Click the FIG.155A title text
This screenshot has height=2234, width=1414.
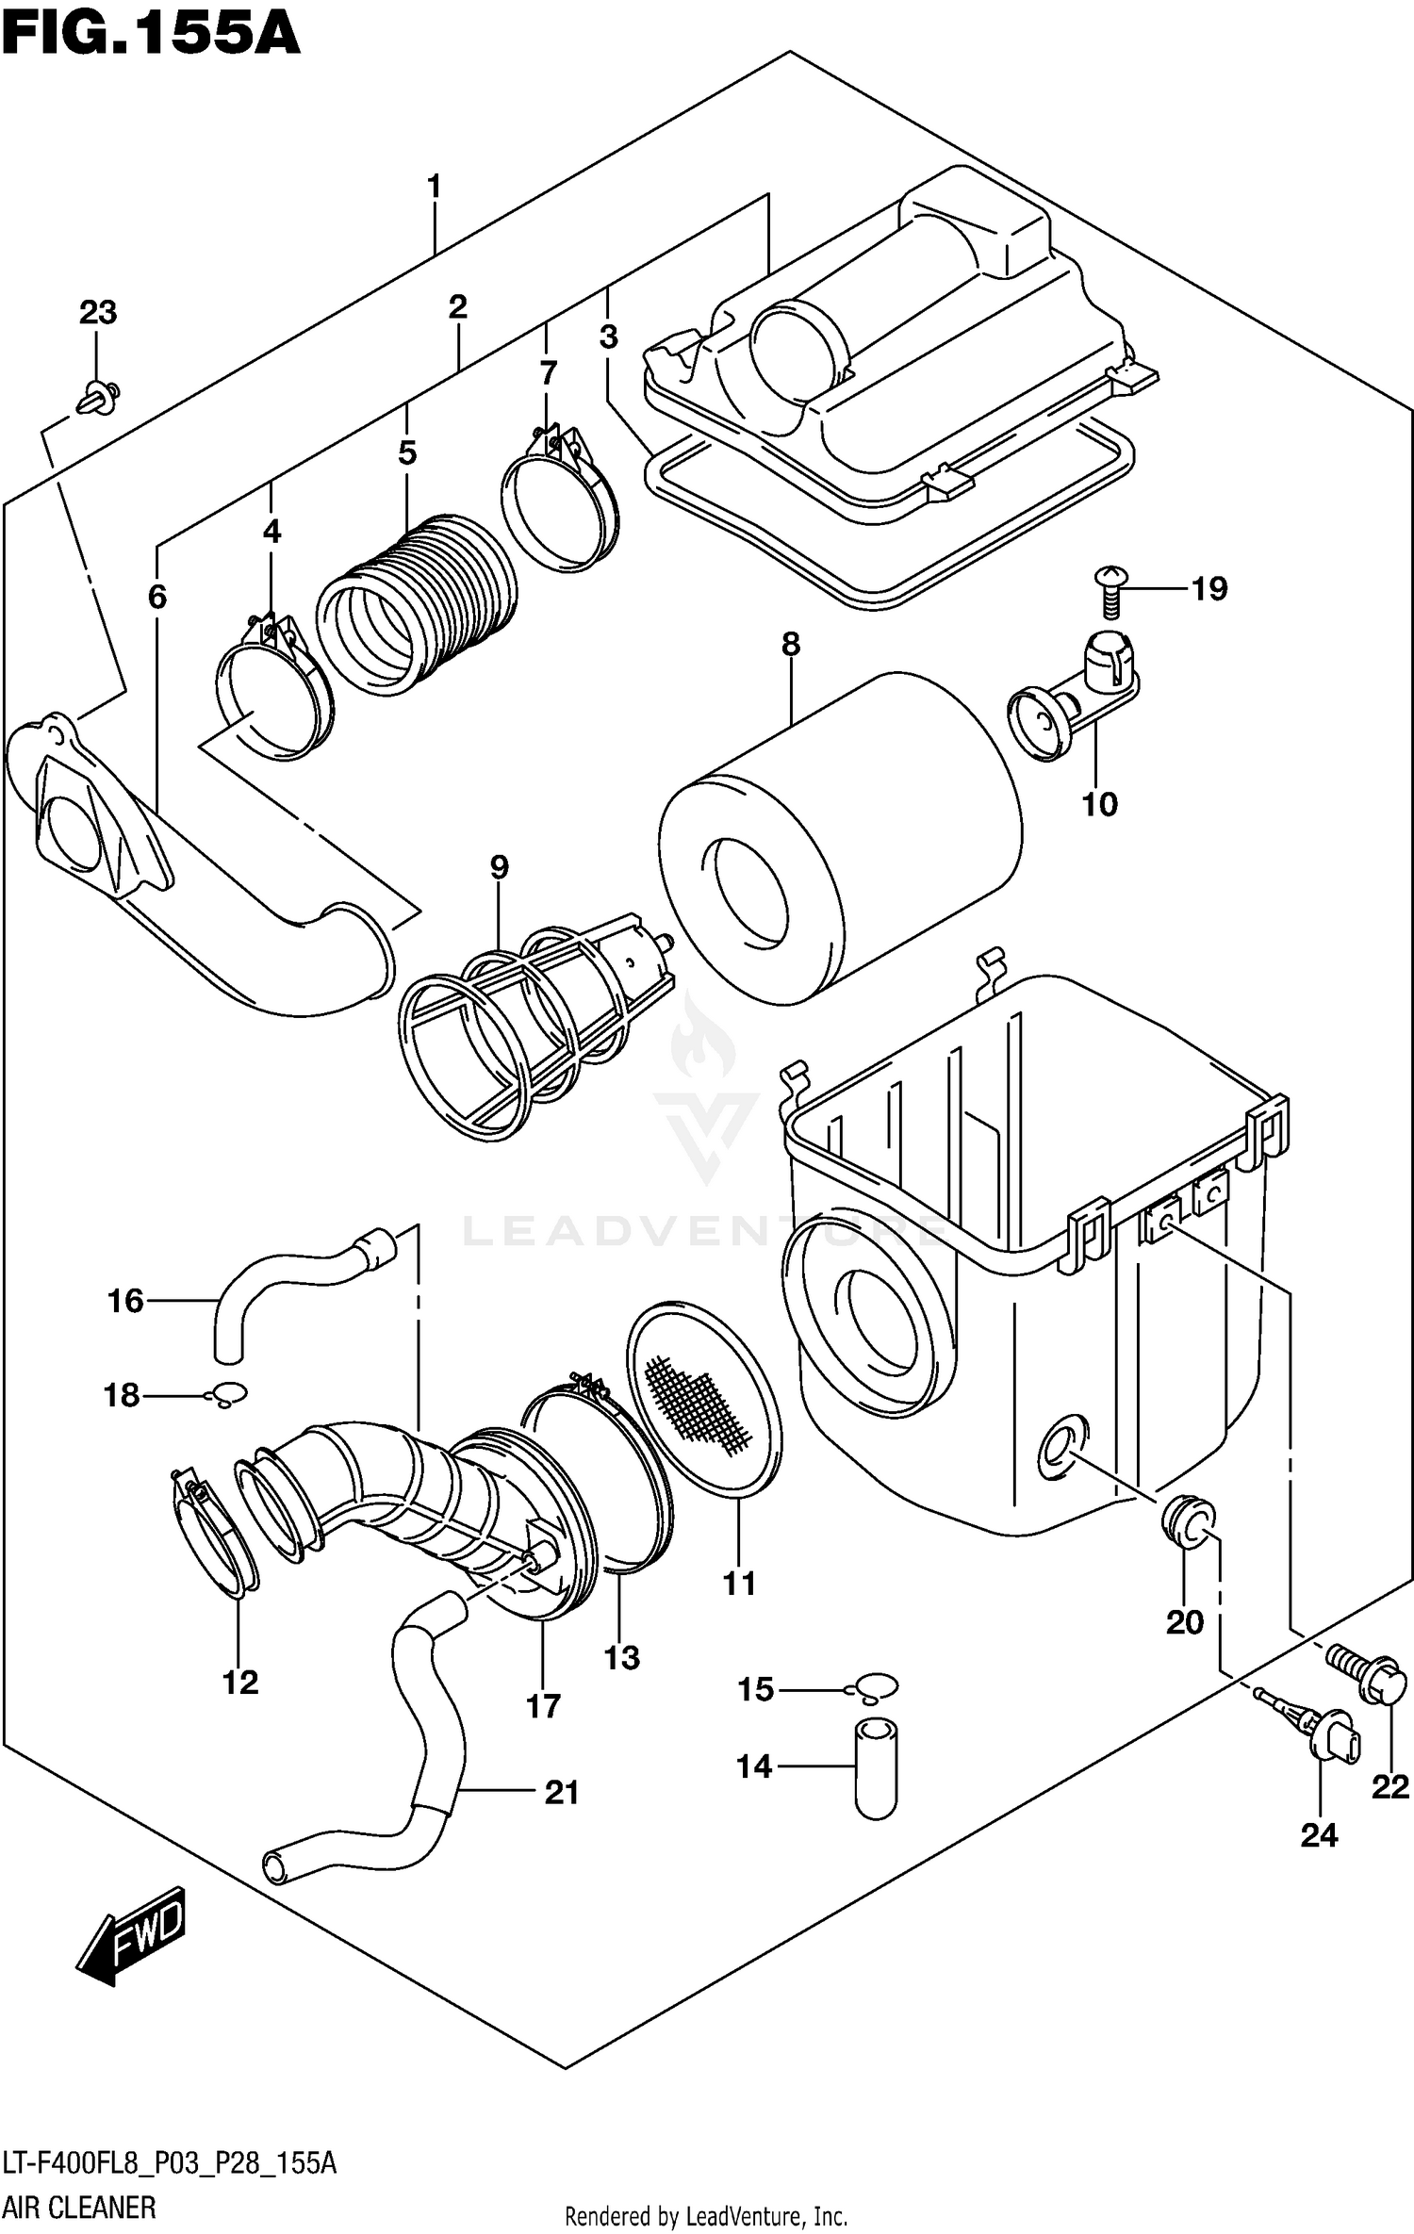(x=151, y=36)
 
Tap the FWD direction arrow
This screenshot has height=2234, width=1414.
(x=132, y=1934)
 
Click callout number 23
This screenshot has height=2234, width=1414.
(x=97, y=312)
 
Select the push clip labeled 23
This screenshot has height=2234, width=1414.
(x=99, y=395)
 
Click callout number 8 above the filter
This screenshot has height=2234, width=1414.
(x=790, y=645)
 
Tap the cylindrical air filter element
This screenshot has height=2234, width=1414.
(x=839, y=839)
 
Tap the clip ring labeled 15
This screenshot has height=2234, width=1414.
(x=877, y=1686)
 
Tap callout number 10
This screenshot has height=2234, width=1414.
(x=1099, y=804)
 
